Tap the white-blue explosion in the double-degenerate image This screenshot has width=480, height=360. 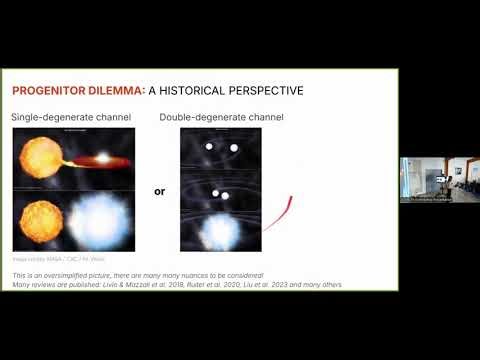pos(219,228)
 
